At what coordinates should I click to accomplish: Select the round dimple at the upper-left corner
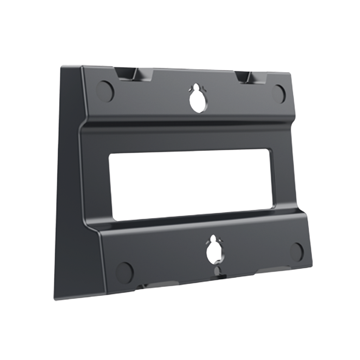point(105,90)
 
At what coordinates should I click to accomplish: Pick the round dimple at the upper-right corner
point(280,93)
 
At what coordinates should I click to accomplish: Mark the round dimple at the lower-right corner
point(297,250)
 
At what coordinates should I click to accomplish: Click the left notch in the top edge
point(125,74)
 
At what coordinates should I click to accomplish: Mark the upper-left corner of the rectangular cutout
point(110,155)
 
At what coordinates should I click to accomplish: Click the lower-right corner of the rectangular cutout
point(271,208)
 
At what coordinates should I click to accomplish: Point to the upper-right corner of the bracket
point(290,73)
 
